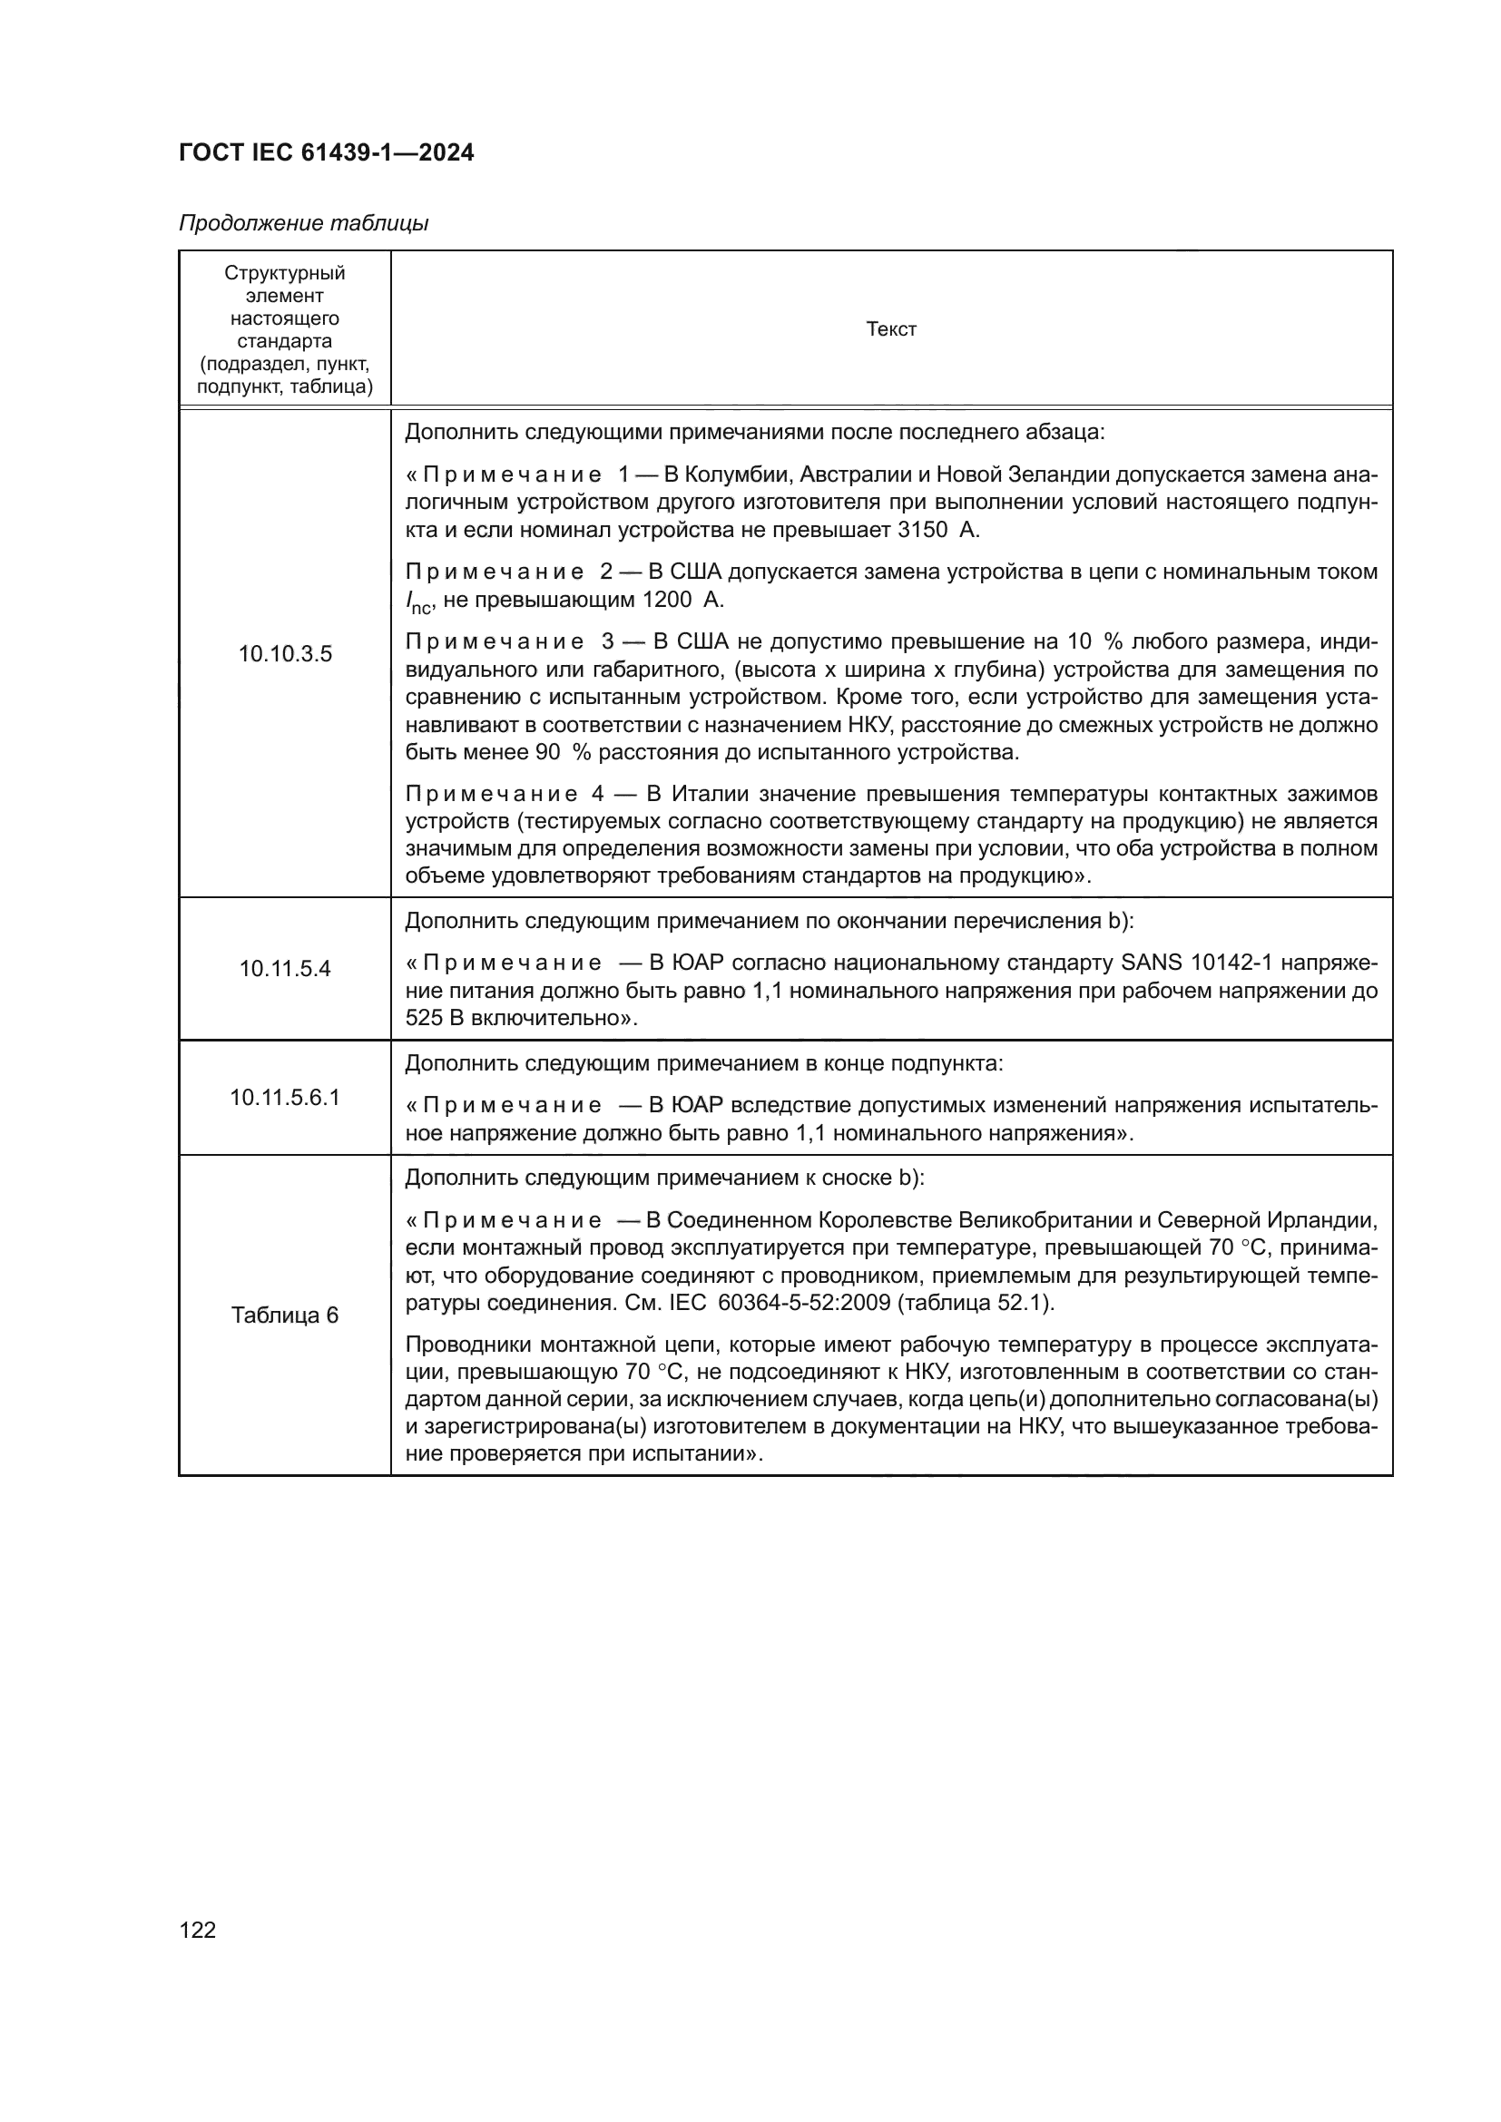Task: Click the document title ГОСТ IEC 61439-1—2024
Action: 327,153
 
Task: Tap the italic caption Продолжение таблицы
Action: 303,224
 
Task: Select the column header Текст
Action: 891,330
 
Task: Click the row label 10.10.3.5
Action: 285,654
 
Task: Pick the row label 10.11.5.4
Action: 285,969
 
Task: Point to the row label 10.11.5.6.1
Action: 285,1098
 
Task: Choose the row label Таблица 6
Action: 285,1315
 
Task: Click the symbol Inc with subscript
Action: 417,601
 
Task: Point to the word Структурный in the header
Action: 285,274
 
